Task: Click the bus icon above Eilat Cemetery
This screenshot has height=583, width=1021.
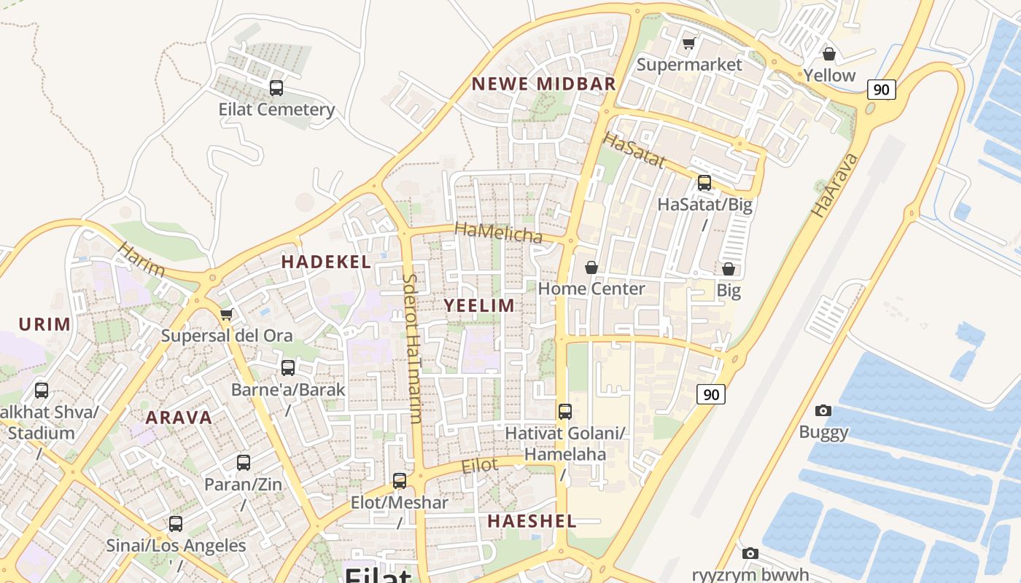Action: pyautogui.click(x=276, y=88)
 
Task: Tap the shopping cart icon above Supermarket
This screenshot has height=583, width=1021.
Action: pyautogui.click(x=688, y=44)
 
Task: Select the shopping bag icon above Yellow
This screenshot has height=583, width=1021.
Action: pyautogui.click(x=828, y=54)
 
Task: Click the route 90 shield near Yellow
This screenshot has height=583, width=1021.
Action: pyautogui.click(x=881, y=90)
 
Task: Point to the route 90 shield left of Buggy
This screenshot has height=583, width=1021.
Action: pyautogui.click(x=711, y=395)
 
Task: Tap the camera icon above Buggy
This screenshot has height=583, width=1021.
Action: pyautogui.click(x=823, y=411)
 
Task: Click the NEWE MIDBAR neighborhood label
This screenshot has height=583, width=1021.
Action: pyautogui.click(x=544, y=84)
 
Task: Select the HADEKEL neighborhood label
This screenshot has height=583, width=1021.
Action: pyautogui.click(x=326, y=262)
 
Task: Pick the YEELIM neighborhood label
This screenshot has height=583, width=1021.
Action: pyautogui.click(x=480, y=305)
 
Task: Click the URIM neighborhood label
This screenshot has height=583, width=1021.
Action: pyautogui.click(x=44, y=324)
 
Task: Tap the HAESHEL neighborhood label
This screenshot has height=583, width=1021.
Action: pyautogui.click(x=532, y=521)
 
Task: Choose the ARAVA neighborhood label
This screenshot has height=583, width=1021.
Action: pyautogui.click(x=179, y=418)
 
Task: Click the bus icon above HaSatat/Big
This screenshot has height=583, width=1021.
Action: pyautogui.click(x=704, y=183)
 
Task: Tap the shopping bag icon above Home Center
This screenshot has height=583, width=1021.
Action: pyautogui.click(x=591, y=267)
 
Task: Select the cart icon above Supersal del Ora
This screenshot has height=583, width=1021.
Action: pyautogui.click(x=226, y=315)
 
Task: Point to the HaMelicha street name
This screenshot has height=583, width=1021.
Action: pyautogui.click(x=499, y=232)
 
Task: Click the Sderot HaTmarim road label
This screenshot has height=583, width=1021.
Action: pyautogui.click(x=412, y=348)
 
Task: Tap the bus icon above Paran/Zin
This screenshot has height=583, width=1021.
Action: pyautogui.click(x=244, y=463)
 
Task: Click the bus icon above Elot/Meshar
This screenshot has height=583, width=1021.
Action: pyautogui.click(x=400, y=481)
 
